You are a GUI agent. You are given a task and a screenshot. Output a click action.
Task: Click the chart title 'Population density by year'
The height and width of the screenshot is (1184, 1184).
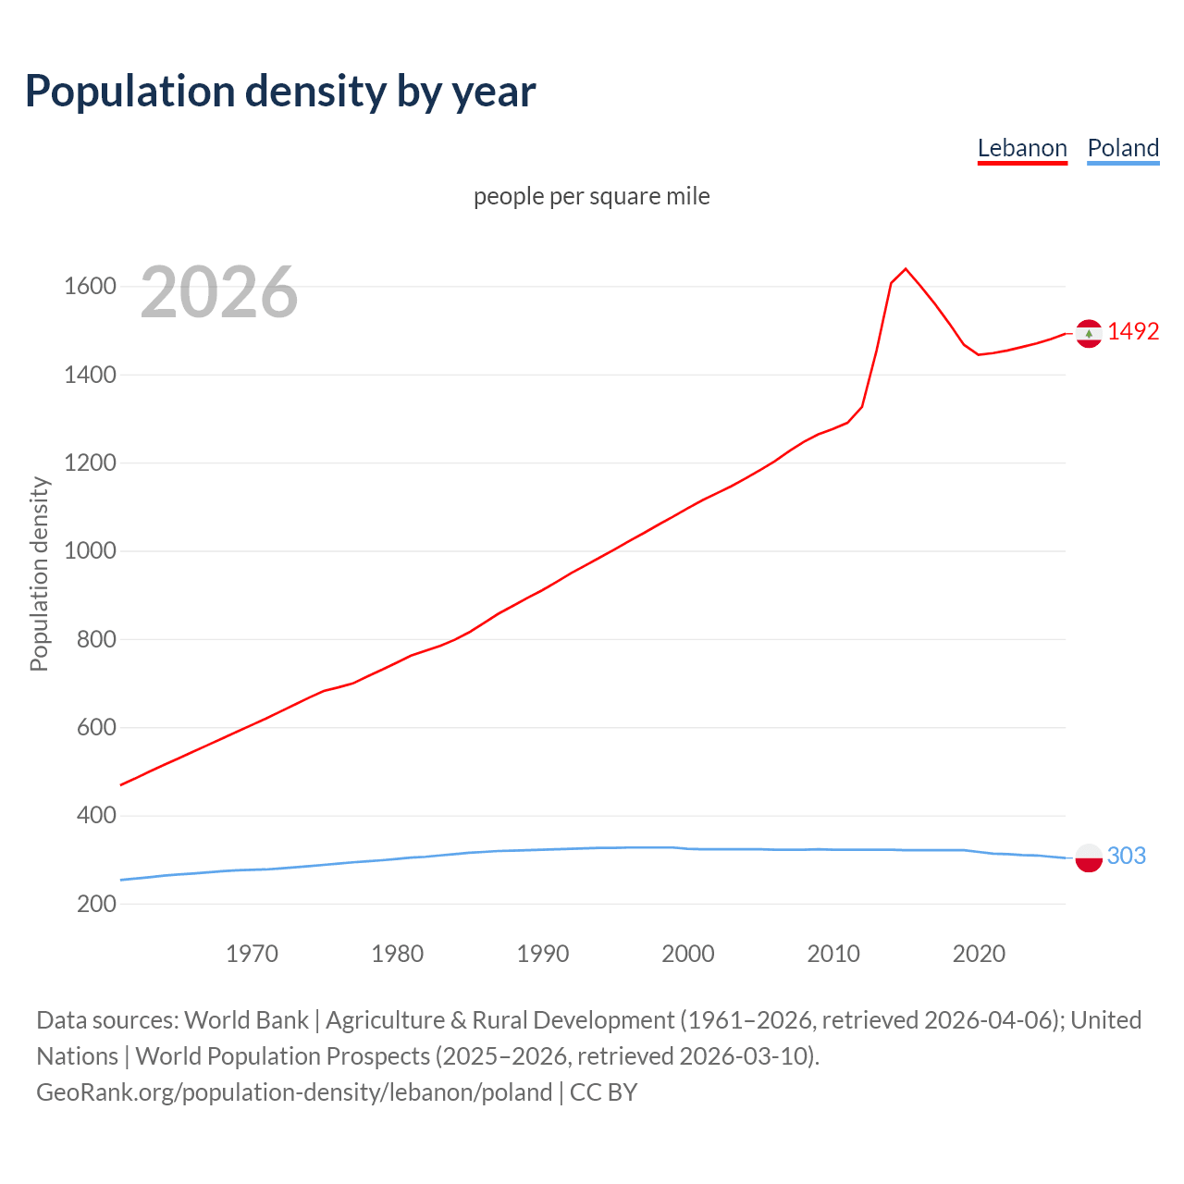coord(280,91)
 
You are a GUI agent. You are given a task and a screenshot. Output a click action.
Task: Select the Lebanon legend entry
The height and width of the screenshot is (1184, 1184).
coord(1022,148)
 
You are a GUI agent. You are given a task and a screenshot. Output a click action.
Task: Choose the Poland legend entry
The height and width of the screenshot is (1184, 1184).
coord(1123,148)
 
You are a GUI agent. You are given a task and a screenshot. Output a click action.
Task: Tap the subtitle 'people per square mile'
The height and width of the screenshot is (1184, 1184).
coord(592,196)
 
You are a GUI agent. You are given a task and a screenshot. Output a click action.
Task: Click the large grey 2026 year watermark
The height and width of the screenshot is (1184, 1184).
coord(219,292)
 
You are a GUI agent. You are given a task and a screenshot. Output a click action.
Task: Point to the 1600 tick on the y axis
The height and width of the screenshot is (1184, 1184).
coord(90,287)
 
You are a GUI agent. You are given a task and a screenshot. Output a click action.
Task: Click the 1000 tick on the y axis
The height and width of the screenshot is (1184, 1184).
coord(90,551)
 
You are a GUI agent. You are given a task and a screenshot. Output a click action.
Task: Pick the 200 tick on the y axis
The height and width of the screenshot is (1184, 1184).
coord(96,904)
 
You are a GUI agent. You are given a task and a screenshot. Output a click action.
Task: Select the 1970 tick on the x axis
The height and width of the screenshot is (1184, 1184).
coord(252,954)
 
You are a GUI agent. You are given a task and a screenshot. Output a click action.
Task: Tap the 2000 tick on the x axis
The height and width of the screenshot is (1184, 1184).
coord(688,954)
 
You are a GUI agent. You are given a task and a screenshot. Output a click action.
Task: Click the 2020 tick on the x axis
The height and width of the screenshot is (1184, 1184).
coord(979,954)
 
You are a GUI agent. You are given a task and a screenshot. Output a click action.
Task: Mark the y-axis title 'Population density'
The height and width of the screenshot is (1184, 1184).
coord(39,573)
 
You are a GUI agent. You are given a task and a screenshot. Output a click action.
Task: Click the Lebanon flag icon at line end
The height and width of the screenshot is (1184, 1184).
coord(1089,333)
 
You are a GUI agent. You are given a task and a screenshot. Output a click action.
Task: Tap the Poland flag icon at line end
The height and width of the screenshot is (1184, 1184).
coord(1089,858)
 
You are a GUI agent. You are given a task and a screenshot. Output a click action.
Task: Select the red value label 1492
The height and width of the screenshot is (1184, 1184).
coord(1133,331)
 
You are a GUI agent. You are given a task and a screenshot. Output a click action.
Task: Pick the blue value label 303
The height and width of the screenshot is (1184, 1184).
coord(1127,856)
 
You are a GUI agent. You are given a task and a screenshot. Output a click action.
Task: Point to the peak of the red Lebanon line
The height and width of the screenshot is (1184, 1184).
coord(906,269)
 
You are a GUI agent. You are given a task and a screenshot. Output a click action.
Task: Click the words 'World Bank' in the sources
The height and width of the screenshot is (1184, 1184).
coord(246,1019)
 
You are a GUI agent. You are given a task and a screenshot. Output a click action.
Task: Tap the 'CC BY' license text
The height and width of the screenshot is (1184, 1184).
coord(603,1091)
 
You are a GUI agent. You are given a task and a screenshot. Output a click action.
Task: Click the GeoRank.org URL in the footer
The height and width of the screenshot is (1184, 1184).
coord(294,1091)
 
